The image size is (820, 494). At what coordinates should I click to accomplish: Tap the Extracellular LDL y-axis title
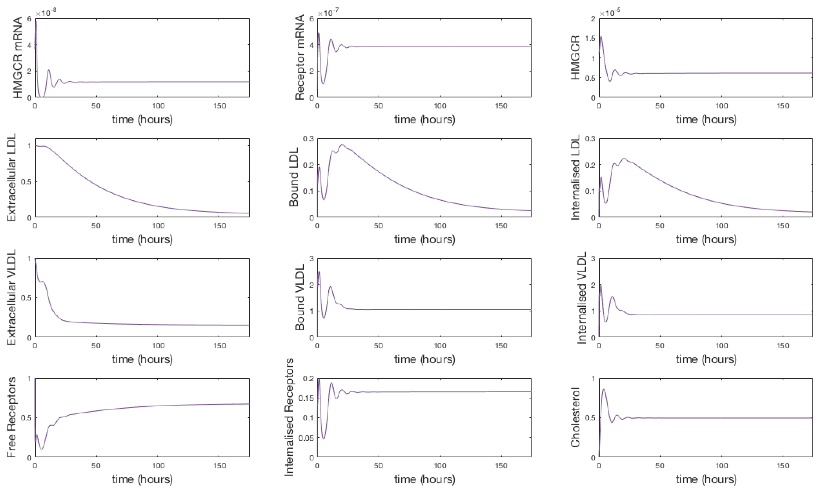[11, 178]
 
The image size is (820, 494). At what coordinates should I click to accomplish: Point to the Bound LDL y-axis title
[294, 178]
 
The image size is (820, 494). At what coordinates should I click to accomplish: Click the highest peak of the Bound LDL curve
[342, 145]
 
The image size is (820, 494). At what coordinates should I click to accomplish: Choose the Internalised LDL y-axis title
[575, 178]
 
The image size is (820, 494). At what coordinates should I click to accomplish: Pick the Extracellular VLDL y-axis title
[11, 297]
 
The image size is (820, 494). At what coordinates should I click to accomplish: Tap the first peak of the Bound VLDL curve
[319, 272]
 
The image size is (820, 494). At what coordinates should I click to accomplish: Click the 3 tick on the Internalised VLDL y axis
[593, 259]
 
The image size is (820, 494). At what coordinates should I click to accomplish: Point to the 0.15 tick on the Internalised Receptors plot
[306, 398]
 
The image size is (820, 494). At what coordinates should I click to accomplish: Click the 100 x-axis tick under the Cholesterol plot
[722, 465]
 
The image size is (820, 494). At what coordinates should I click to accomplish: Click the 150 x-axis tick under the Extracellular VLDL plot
[219, 346]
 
